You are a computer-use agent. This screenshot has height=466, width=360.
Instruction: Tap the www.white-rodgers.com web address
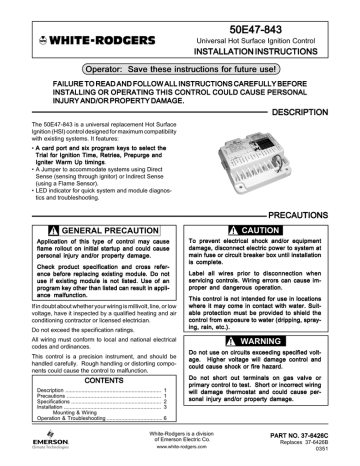(x=180, y=446)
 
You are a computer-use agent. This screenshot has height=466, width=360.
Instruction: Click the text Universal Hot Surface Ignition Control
(x=273, y=34)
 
